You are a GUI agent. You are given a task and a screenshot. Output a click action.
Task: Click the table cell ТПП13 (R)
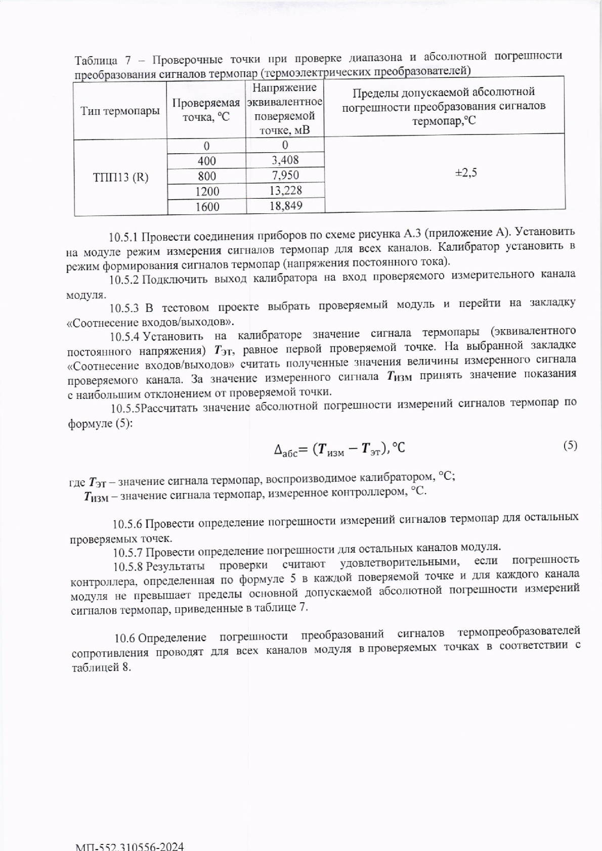(120, 177)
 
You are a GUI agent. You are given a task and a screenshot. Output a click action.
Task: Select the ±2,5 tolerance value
(466, 172)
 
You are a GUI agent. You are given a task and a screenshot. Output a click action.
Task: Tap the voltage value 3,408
(285, 160)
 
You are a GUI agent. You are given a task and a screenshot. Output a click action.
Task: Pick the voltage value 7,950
(285, 175)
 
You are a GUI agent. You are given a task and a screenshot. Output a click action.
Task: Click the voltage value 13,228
(285, 190)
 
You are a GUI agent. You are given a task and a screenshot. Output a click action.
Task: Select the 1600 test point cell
(207, 206)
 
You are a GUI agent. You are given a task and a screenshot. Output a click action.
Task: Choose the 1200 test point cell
(207, 191)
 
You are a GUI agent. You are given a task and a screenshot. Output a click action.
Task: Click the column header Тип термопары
(120, 111)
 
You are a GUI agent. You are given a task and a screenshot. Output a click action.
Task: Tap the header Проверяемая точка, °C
(206, 110)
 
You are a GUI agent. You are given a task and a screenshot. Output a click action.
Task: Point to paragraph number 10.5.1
(123, 237)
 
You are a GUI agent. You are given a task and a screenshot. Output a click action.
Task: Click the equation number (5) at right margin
(570, 445)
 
